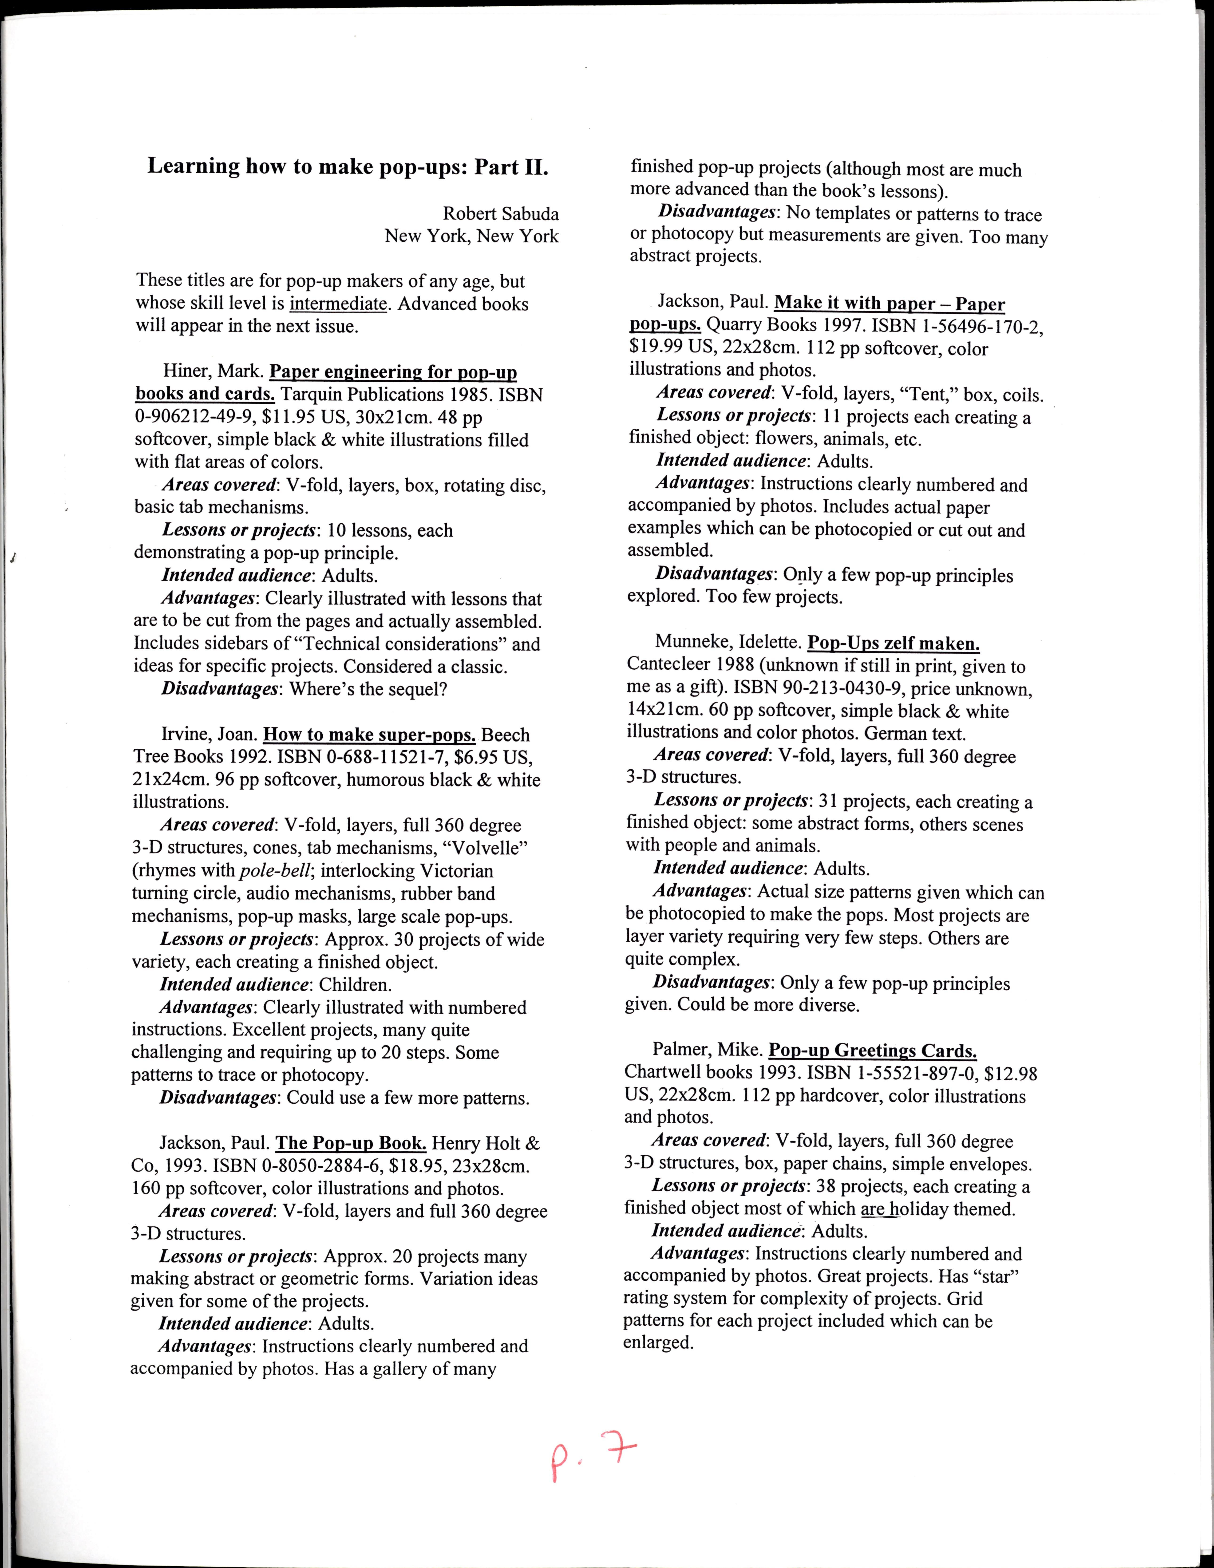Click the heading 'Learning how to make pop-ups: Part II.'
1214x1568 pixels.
pos(348,166)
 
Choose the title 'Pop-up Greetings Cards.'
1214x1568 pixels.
pos(872,1051)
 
